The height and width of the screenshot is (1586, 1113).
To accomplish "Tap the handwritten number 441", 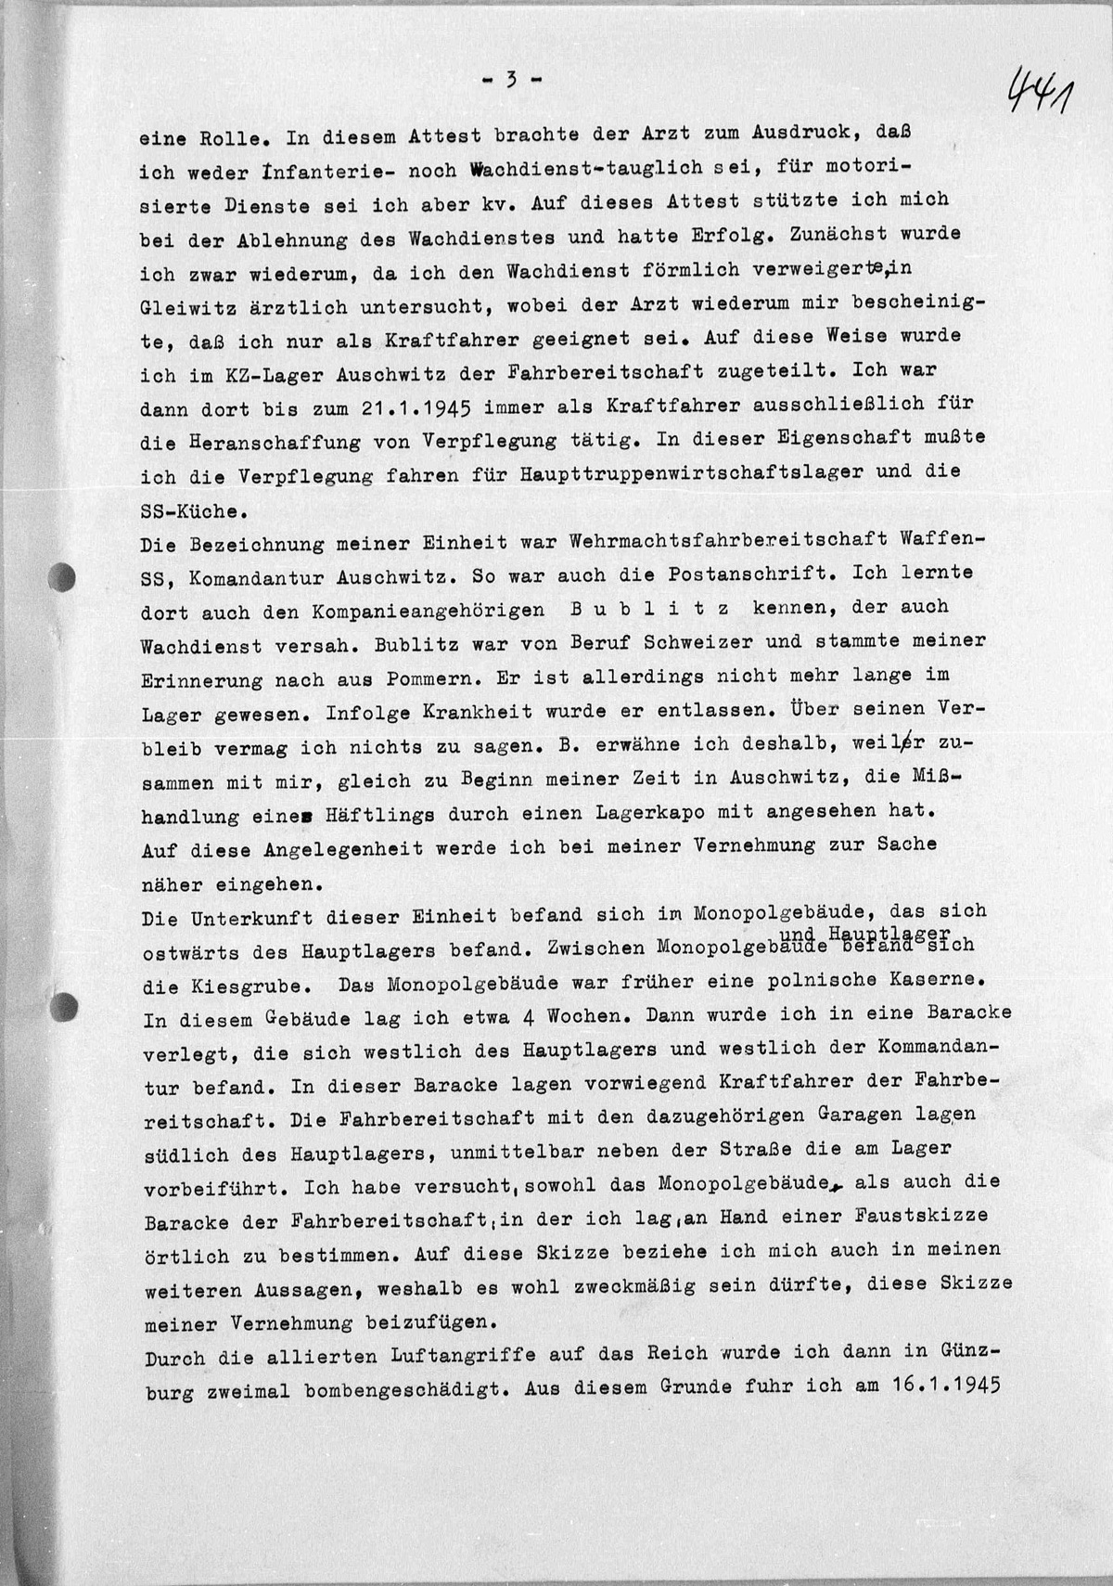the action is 1039,92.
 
